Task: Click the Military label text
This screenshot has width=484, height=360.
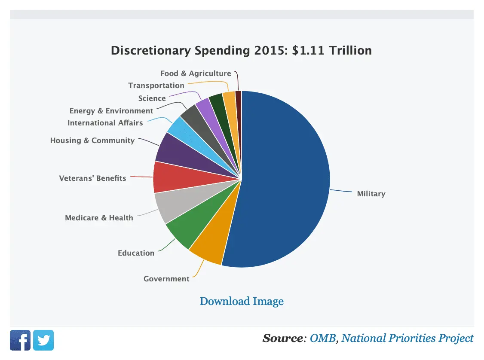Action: coord(371,194)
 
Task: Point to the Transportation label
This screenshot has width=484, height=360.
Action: coord(156,85)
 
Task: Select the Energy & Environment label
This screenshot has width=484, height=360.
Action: coord(111,111)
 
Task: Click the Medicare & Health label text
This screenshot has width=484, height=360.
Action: coord(99,218)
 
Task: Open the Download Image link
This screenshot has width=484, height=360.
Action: coord(242,301)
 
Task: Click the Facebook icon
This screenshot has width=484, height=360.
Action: coord(20,340)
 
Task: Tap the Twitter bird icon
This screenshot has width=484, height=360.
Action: coord(43,340)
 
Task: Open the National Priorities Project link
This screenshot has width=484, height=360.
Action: coord(407,339)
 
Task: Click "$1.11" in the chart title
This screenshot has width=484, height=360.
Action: coord(309,51)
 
